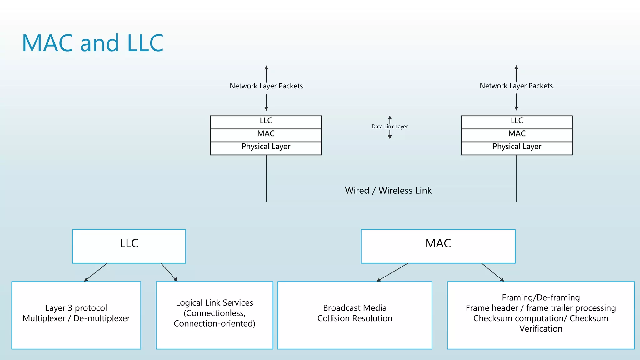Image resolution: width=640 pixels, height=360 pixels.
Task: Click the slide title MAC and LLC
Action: click(92, 43)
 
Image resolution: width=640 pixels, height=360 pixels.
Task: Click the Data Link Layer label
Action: click(389, 127)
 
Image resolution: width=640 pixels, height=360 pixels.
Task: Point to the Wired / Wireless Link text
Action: click(388, 191)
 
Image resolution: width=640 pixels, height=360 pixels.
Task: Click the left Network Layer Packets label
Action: click(266, 86)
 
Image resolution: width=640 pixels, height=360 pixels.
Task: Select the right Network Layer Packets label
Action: click(516, 86)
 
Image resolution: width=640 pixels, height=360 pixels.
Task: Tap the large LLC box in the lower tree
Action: click(129, 246)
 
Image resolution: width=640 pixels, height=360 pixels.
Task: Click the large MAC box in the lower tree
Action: click(438, 246)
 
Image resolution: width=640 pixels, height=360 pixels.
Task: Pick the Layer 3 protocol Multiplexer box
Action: click(76, 315)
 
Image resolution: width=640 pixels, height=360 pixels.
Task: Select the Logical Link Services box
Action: click(214, 315)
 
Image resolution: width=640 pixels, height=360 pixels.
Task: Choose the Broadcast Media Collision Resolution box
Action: click(355, 315)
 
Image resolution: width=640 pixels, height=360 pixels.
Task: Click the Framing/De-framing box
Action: click(541, 315)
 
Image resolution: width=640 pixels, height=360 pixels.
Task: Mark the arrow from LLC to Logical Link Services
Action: click(169, 272)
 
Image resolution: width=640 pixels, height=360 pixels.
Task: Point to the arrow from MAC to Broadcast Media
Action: click(392, 272)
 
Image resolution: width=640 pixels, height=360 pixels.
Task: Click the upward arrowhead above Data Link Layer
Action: click(390, 118)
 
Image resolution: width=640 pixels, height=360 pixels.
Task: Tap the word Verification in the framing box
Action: click(541, 329)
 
